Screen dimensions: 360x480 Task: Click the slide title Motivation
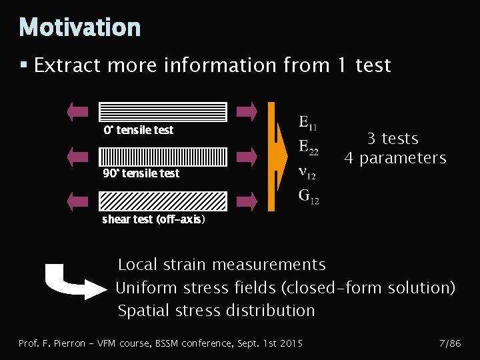click(80, 28)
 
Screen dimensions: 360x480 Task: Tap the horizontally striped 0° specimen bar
click(163, 111)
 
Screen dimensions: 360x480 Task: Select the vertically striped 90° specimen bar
click(163, 156)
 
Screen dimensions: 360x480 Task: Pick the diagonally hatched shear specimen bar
click(163, 201)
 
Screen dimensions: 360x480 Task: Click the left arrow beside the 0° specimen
click(78, 111)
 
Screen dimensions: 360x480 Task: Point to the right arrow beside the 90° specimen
click(247, 156)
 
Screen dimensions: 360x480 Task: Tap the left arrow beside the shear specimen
click(78, 201)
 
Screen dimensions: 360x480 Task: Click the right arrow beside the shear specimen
click(247, 201)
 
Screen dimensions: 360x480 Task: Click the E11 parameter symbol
click(307, 123)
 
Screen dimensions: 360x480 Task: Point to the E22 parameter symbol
click(308, 147)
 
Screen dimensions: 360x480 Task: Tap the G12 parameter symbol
click(308, 196)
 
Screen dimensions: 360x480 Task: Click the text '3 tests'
click(393, 139)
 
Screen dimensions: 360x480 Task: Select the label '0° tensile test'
click(138, 130)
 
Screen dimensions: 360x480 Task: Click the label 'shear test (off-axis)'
click(153, 219)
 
